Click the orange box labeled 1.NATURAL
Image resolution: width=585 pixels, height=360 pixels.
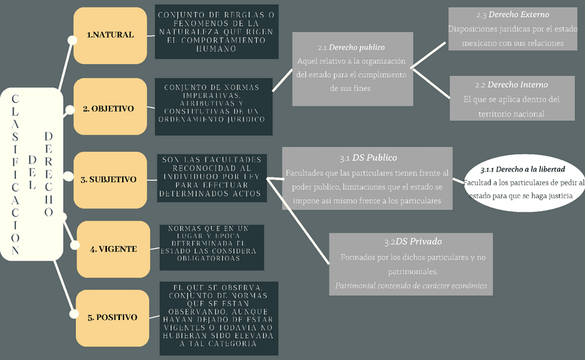coord(110,35)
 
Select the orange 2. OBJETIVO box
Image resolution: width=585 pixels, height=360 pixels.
coord(110,108)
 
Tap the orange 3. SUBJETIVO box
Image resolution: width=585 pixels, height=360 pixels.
coord(110,179)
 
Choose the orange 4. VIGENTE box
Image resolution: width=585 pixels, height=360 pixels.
coord(113,249)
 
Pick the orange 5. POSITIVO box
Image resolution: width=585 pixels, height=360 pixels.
coord(112,317)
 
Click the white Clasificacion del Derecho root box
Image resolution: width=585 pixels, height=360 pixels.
coord(31,174)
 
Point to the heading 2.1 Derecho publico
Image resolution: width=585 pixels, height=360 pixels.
coord(352,48)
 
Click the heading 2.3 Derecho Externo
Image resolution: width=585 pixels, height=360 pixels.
coord(511,14)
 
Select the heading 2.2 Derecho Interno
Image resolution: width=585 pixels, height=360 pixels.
coord(511,84)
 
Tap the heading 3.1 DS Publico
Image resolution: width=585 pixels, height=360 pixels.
coord(368,158)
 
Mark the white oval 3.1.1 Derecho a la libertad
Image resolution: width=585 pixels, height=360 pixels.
coord(523,182)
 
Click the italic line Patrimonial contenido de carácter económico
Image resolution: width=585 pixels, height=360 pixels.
coord(410,286)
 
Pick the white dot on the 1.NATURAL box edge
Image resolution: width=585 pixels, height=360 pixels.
coord(72,41)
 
